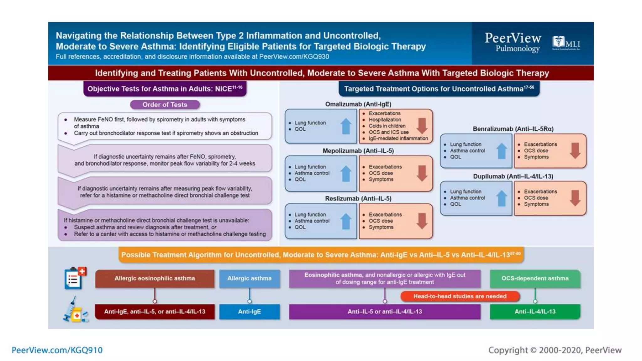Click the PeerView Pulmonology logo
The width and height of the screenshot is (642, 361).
point(513,42)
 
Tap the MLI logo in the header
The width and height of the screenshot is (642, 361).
point(566,43)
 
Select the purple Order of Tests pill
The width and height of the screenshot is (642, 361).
point(165,105)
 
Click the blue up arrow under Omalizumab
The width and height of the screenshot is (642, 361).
point(346,126)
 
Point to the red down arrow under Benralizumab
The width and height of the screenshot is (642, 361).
point(575,150)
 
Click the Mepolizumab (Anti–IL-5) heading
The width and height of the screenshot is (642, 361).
point(358,151)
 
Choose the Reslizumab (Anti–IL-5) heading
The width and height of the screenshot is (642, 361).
point(358,198)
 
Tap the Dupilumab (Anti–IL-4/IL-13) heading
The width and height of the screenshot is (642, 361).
point(513,176)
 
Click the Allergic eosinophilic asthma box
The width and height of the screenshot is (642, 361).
point(155,278)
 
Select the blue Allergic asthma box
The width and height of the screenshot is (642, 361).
point(249,278)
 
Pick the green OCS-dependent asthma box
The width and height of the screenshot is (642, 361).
point(535,278)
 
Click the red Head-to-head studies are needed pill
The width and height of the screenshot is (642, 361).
point(460,296)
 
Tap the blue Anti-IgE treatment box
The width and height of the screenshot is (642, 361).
point(249,311)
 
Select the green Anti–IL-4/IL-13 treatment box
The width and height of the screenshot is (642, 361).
point(535,311)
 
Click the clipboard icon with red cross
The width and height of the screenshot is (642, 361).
point(75,278)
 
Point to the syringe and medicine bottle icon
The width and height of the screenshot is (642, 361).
point(75,311)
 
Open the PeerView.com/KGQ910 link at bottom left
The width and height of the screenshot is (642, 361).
point(57,350)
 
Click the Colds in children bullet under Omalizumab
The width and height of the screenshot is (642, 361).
point(387,126)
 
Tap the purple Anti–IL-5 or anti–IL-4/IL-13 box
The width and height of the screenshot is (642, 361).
point(385,311)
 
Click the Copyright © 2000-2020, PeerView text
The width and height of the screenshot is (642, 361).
point(555,350)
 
